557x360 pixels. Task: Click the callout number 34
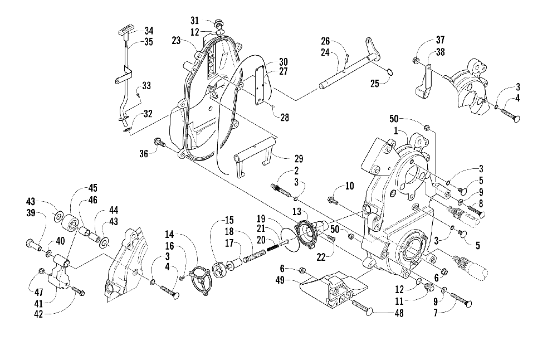coord(134,30)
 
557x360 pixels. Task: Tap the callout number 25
coord(376,84)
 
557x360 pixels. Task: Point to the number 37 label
coord(441,40)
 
